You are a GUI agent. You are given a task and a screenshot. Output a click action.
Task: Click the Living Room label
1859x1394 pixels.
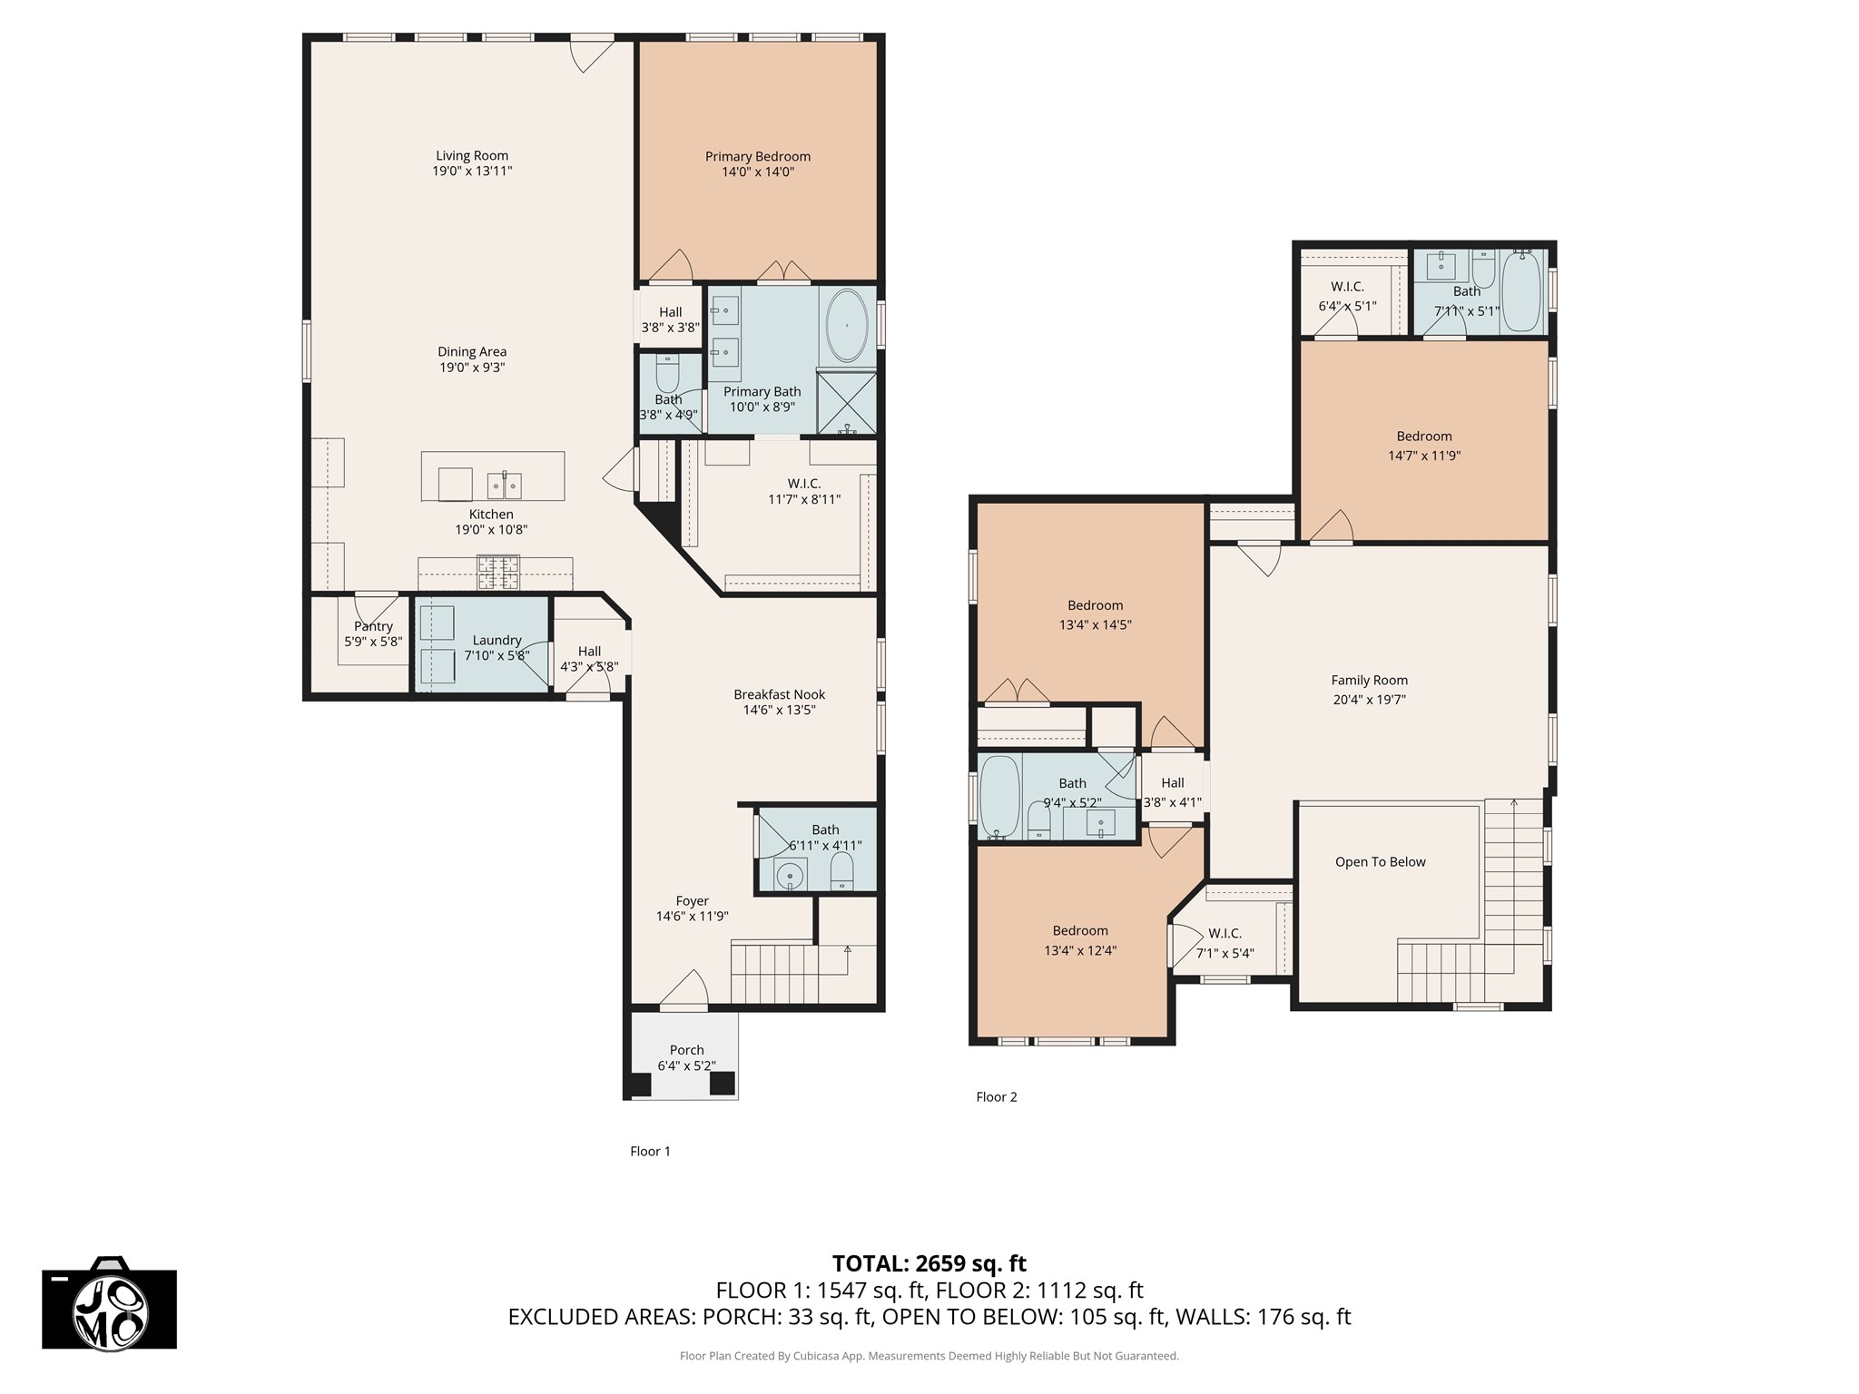point(472,155)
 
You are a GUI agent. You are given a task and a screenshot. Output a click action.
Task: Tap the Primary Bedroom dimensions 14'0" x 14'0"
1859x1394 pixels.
point(758,172)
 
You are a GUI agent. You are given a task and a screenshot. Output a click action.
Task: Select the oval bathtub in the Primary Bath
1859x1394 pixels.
point(847,325)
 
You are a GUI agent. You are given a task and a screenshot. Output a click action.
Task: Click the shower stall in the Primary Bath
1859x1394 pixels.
point(847,403)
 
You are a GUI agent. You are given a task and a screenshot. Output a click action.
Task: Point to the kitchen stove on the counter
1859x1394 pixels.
point(499,573)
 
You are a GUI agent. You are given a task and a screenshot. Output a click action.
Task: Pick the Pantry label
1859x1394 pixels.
point(373,626)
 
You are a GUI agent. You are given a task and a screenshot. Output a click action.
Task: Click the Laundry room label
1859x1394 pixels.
point(497,640)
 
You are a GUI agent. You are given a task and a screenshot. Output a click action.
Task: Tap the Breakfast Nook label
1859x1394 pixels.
point(780,694)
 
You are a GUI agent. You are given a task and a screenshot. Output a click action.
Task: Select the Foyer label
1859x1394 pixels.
point(692,901)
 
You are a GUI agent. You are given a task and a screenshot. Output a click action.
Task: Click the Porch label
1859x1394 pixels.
point(687,1050)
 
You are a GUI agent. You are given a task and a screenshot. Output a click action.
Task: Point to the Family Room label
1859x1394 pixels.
point(1370,680)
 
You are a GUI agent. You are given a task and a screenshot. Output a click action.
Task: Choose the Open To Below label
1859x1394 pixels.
point(1381,862)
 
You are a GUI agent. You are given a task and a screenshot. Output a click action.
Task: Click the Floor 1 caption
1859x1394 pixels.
point(650,1152)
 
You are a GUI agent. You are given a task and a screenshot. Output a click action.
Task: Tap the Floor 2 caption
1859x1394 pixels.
point(997,1097)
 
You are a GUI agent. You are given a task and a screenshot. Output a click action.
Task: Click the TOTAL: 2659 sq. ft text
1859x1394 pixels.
point(929,1263)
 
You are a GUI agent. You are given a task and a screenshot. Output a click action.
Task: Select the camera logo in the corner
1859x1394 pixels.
point(110,1302)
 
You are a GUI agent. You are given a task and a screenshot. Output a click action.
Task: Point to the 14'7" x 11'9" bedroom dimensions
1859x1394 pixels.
point(1424,456)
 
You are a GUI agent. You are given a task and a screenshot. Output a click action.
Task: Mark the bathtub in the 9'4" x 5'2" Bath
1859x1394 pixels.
point(1000,797)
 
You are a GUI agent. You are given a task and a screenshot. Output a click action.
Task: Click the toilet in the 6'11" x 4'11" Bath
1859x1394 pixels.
point(842,871)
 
